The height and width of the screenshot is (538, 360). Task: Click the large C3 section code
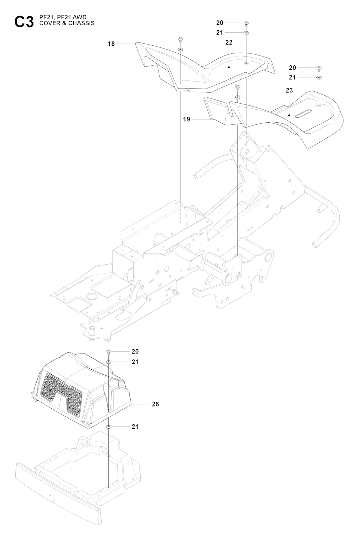pyautogui.click(x=24, y=22)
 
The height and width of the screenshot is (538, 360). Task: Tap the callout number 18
pyautogui.click(x=111, y=44)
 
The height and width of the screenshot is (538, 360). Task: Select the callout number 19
pyautogui.click(x=186, y=119)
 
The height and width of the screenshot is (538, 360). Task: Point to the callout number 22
pyautogui.click(x=229, y=43)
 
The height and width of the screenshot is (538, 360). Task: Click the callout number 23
pyautogui.click(x=289, y=90)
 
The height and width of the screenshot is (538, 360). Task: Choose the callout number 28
pyautogui.click(x=155, y=404)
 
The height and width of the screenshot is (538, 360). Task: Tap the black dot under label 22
pyautogui.click(x=229, y=67)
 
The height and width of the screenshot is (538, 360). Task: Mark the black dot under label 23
pyautogui.click(x=289, y=115)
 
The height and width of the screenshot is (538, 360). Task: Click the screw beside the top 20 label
pyautogui.click(x=246, y=24)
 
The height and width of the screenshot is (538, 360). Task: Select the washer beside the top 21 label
pyautogui.click(x=246, y=32)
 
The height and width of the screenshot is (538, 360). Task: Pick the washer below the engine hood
pyautogui.click(x=108, y=427)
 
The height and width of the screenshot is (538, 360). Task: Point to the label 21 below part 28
pyautogui.click(x=135, y=427)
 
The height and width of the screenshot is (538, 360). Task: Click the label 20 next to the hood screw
pyautogui.click(x=135, y=352)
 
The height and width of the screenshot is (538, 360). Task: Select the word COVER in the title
pyautogui.click(x=47, y=23)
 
